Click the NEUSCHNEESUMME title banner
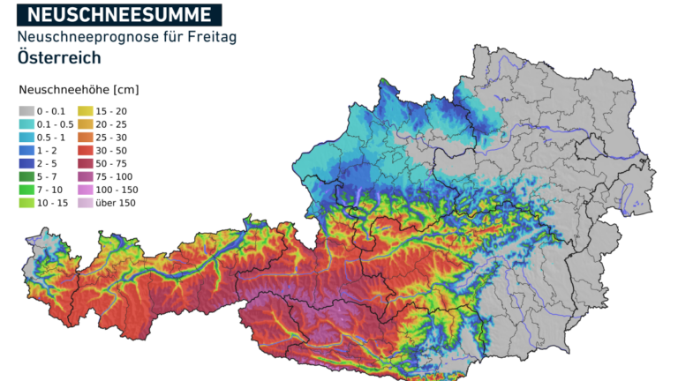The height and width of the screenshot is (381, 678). pos(118,14)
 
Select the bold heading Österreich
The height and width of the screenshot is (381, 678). pos(58,58)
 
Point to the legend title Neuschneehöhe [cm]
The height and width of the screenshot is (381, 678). pos(79,90)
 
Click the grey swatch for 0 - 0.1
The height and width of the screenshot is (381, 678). pos(26,110)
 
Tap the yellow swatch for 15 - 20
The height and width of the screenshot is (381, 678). pos(86,110)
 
